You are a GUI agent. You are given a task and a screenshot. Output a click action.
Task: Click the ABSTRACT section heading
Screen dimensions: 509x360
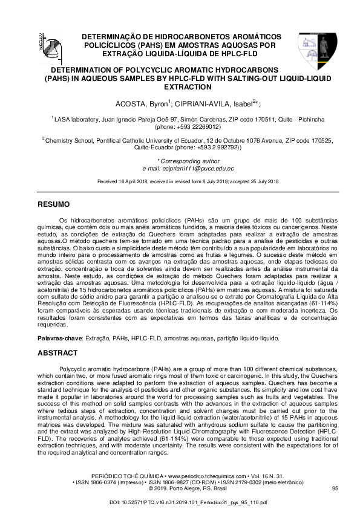pos(57,352)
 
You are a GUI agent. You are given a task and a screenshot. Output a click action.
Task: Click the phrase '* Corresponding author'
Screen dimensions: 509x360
pos(180,161)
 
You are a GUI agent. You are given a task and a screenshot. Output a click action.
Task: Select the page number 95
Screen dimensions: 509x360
pos(335,488)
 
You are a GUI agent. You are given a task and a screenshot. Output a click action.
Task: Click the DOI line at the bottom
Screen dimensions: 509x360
pos(180,502)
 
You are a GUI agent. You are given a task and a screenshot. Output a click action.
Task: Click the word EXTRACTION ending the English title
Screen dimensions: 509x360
pos(180,87)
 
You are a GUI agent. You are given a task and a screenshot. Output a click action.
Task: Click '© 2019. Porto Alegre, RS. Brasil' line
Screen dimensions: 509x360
pos(180,488)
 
